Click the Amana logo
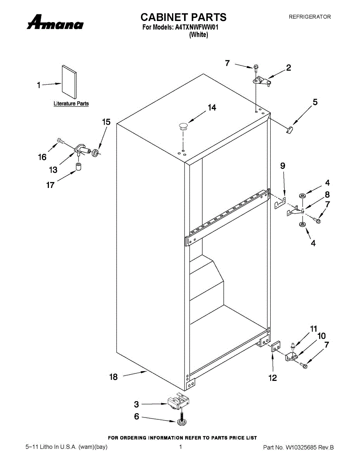click(55, 23)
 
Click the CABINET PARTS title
click(183, 17)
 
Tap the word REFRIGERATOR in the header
click(310, 17)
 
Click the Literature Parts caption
click(71, 104)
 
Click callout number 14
click(212, 108)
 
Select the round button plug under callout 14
click(183, 125)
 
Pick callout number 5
click(315, 102)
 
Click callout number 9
click(283, 166)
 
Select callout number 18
click(113, 377)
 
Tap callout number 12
click(273, 377)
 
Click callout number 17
click(50, 185)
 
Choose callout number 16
click(42, 157)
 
